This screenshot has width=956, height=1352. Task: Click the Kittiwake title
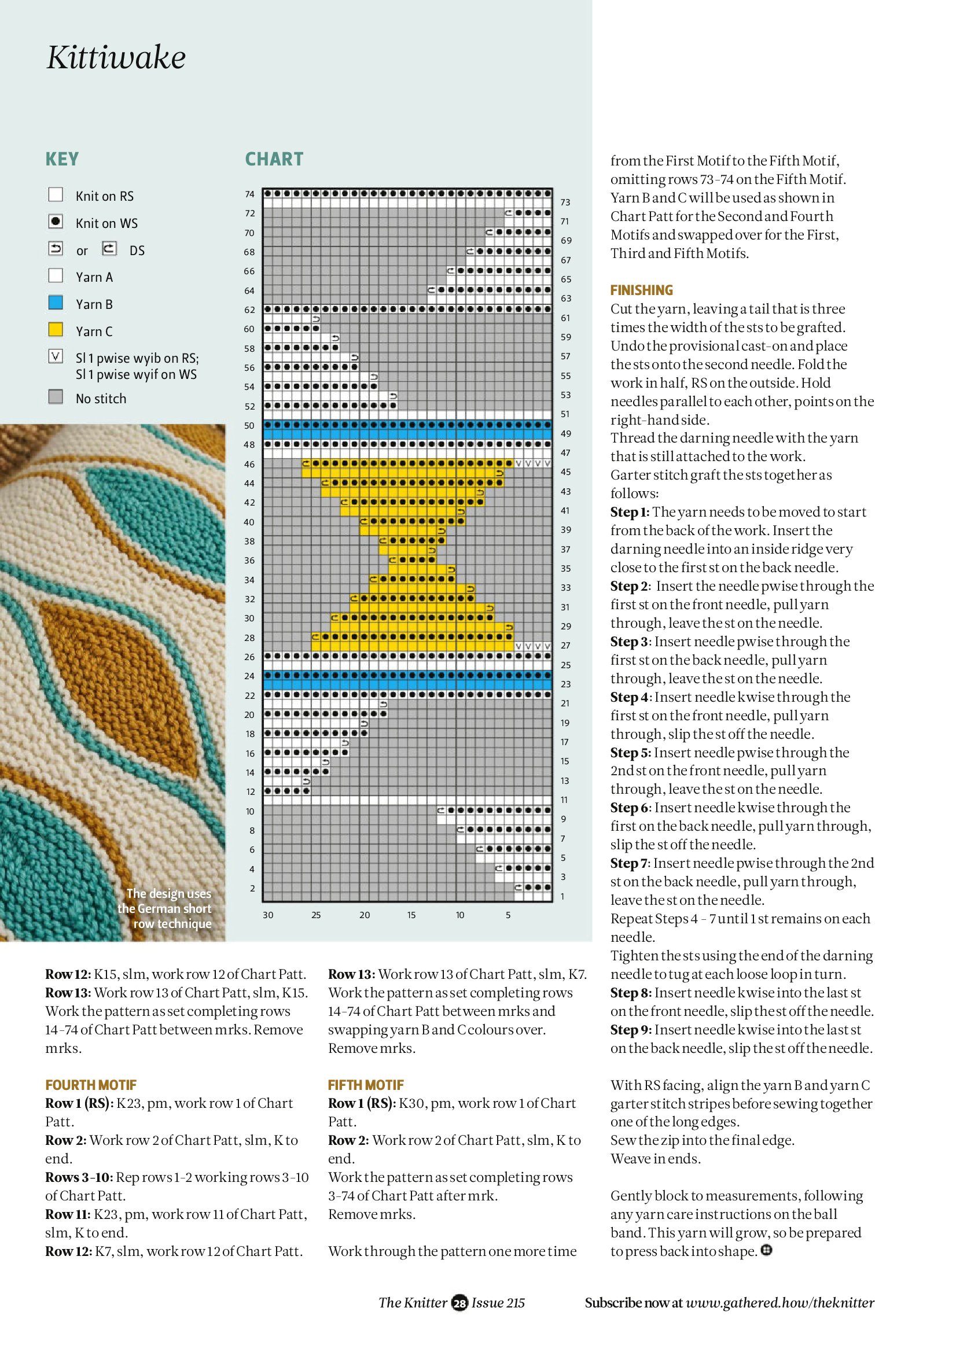tap(116, 58)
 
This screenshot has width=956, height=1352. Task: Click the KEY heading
tap(62, 160)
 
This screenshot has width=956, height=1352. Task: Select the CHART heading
tap(274, 160)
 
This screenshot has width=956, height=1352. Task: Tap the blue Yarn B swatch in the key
tap(56, 303)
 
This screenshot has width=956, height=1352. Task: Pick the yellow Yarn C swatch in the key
tap(56, 330)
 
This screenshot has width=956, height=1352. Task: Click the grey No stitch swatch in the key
tap(56, 397)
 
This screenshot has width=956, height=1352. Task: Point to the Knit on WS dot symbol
tap(56, 222)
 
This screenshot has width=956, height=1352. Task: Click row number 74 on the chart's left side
tap(250, 194)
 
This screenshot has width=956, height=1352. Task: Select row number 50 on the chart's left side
tap(250, 426)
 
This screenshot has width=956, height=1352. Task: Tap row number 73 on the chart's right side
tap(565, 202)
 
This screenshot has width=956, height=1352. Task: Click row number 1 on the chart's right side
tap(562, 897)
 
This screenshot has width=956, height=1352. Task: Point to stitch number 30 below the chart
tap(268, 915)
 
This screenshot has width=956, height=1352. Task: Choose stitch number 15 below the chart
tap(411, 915)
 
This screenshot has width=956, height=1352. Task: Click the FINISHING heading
tap(641, 290)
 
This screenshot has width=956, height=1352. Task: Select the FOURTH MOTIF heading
tap(91, 1085)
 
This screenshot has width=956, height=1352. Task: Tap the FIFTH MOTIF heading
tap(366, 1085)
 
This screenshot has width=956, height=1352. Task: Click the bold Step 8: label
tap(631, 993)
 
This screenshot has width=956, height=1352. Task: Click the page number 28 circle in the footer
tap(459, 1303)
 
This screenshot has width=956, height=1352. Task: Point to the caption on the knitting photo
tap(168, 909)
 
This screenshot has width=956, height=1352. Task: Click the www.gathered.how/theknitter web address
tap(780, 1303)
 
